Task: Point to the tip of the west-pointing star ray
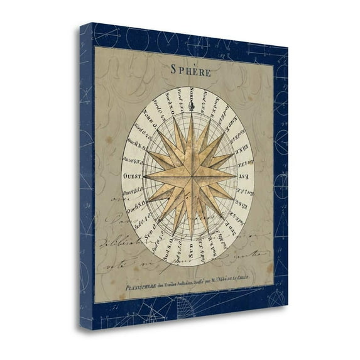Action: point(144,177)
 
